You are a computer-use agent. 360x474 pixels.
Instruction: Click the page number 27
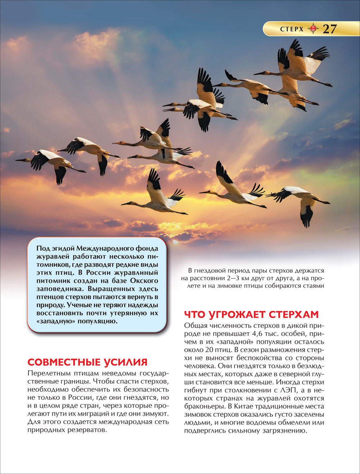(329, 29)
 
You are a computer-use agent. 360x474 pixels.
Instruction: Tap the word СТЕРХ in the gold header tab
(292, 29)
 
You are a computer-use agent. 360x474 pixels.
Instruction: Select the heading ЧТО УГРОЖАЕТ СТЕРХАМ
(251, 314)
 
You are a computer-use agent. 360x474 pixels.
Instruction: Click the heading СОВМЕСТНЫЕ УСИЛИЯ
(87, 362)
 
